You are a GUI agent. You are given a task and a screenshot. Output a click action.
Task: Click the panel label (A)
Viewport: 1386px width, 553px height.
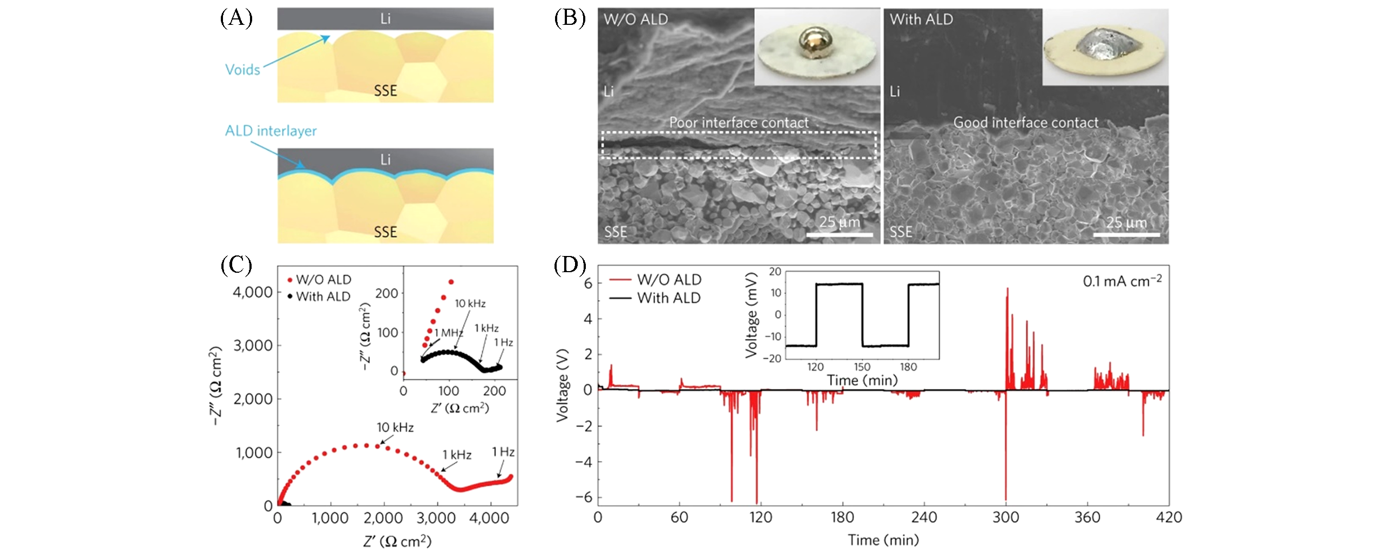236,18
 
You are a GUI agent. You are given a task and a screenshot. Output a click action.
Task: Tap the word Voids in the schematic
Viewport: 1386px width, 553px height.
242,70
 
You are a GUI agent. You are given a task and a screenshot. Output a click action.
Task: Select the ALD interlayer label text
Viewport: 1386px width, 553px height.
271,131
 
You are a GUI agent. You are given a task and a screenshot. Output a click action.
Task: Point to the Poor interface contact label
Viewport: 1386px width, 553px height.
739,123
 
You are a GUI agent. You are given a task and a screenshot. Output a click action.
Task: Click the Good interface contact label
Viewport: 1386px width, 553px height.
1025,123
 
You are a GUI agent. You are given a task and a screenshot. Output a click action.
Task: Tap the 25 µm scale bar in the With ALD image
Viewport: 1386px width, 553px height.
1126,234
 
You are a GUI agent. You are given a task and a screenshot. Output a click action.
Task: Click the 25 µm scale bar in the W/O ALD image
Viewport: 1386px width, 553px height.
840,234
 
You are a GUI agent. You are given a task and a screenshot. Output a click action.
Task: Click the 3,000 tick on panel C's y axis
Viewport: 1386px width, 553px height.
253,346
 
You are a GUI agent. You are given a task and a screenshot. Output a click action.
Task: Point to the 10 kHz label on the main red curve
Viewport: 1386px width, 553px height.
395,428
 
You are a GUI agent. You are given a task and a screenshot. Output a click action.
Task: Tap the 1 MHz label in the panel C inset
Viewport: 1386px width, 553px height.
448,333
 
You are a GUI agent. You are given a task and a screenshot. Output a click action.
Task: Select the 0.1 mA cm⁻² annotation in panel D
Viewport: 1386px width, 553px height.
1122,281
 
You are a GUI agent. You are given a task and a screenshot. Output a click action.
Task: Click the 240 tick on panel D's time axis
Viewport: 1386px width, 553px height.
924,517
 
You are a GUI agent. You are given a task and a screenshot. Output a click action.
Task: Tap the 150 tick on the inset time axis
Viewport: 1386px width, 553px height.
862,367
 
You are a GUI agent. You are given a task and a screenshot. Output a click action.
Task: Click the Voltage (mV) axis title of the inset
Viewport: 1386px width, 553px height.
751,315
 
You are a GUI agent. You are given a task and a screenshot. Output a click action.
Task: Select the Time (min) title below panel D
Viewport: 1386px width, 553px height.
883,540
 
